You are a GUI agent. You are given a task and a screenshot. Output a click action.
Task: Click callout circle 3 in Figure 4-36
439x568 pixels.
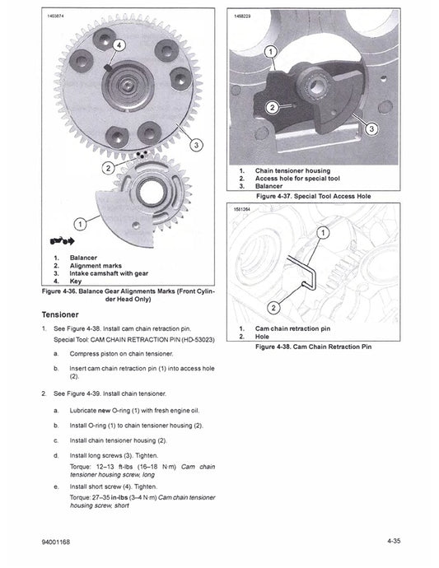(x=196, y=145)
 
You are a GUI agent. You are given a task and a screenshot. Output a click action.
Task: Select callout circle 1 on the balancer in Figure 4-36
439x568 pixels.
(x=80, y=223)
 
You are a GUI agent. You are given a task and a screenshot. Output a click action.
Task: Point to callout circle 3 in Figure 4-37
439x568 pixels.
(x=371, y=128)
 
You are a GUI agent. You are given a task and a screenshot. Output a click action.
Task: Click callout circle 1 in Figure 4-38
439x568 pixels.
(x=322, y=233)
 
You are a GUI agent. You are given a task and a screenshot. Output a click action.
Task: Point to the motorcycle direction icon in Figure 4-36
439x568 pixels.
(x=61, y=242)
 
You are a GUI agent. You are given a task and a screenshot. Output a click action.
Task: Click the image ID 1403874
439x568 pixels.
(x=57, y=16)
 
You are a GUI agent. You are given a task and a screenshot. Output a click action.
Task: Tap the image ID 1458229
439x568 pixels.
(x=244, y=16)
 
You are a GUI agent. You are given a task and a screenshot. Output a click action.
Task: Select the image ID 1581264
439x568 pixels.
(x=244, y=210)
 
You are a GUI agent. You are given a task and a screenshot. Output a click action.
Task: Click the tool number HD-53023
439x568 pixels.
(x=191, y=339)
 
